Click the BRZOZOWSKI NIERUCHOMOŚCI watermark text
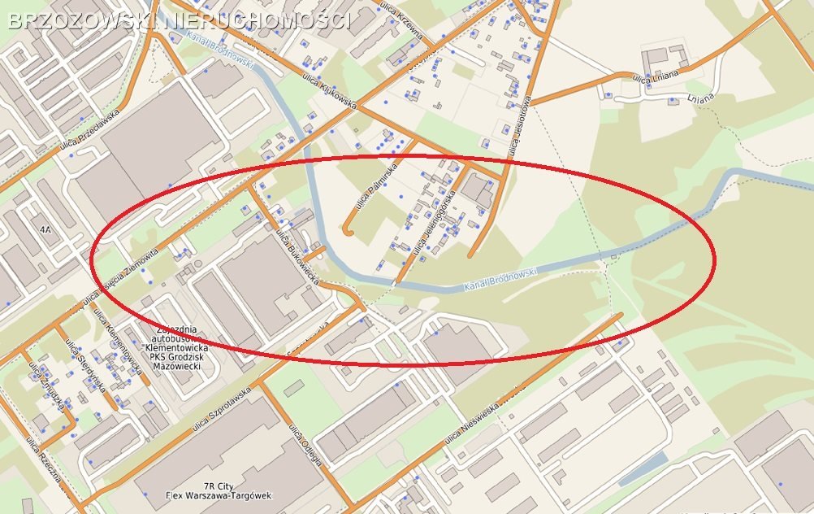(x=179, y=20)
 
